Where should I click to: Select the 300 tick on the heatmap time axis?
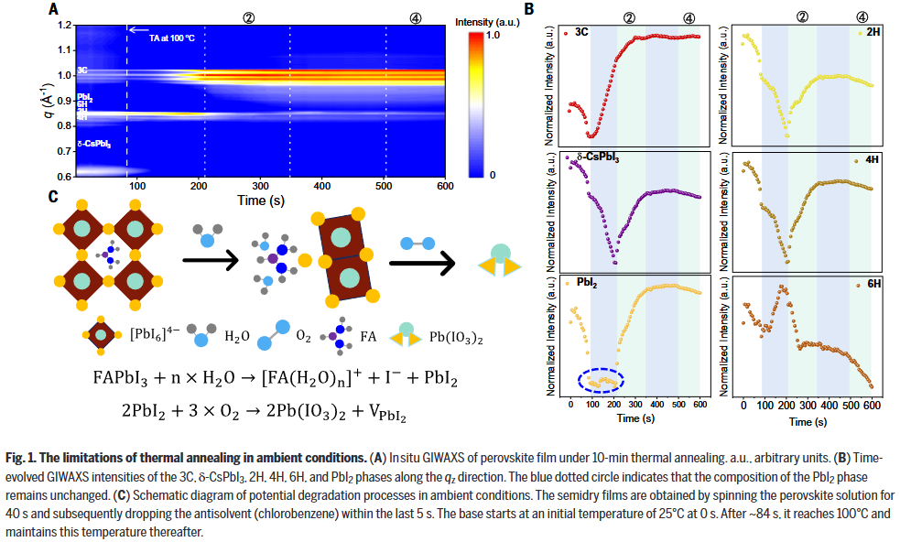click(261, 186)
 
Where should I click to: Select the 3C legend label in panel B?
click(583, 33)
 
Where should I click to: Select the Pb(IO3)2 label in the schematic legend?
click(456, 337)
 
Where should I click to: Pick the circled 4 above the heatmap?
click(389, 16)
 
